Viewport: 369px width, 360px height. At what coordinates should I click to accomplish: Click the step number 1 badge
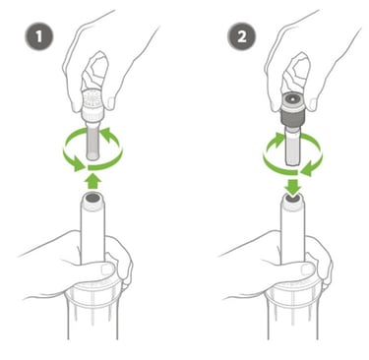pos(39,36)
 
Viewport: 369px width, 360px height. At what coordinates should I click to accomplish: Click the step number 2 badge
pos(241,36)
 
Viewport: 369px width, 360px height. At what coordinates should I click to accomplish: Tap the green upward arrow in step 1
pos(92,181)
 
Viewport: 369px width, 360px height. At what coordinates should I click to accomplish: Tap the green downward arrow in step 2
pos(293,185)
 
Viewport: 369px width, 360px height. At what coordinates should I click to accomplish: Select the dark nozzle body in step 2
pos(292,116)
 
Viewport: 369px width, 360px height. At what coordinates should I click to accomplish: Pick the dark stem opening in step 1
pos(92,198)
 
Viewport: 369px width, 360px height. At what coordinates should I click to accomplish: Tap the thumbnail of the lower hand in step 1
pos(107,270)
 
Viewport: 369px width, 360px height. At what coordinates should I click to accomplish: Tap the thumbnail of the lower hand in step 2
pos(308,270)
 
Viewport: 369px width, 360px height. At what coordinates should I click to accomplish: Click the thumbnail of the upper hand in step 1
pos(110,102)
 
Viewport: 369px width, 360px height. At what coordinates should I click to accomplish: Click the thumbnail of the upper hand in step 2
pos(313,103)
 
